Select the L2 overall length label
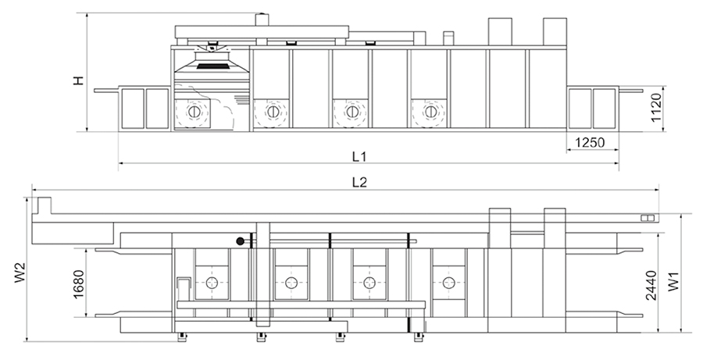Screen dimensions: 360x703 pyautogui.click(x=359, y=182)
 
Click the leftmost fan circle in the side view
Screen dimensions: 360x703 pyautogui.click(x=193, y=112)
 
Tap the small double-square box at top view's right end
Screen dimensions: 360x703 pyautogui.click(x=646, y=218)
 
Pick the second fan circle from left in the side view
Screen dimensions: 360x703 pyautogui.click(x=272, y=112)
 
